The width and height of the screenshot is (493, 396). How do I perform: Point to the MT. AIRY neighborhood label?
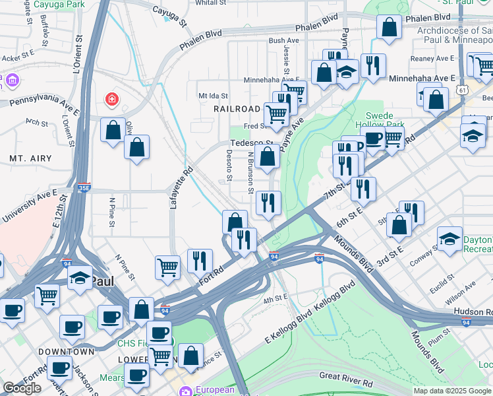click(x=26, y=159)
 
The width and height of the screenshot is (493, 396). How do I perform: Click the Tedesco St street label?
click(x=252, y=143)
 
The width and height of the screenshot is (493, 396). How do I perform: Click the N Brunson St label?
click(x=250, y=173)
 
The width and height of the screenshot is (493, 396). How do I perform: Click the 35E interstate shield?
click(x=84, y=188)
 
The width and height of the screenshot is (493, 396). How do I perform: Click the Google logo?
click(x=22, y=388)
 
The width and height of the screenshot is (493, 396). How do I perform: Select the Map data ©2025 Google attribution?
click(x=452, y=391)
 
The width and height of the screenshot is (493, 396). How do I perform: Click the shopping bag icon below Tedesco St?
click(x=268, y=158)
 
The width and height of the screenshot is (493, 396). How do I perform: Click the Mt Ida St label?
click(x=213, y=96)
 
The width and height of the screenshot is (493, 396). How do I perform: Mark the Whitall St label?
click(x=211, y=3)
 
